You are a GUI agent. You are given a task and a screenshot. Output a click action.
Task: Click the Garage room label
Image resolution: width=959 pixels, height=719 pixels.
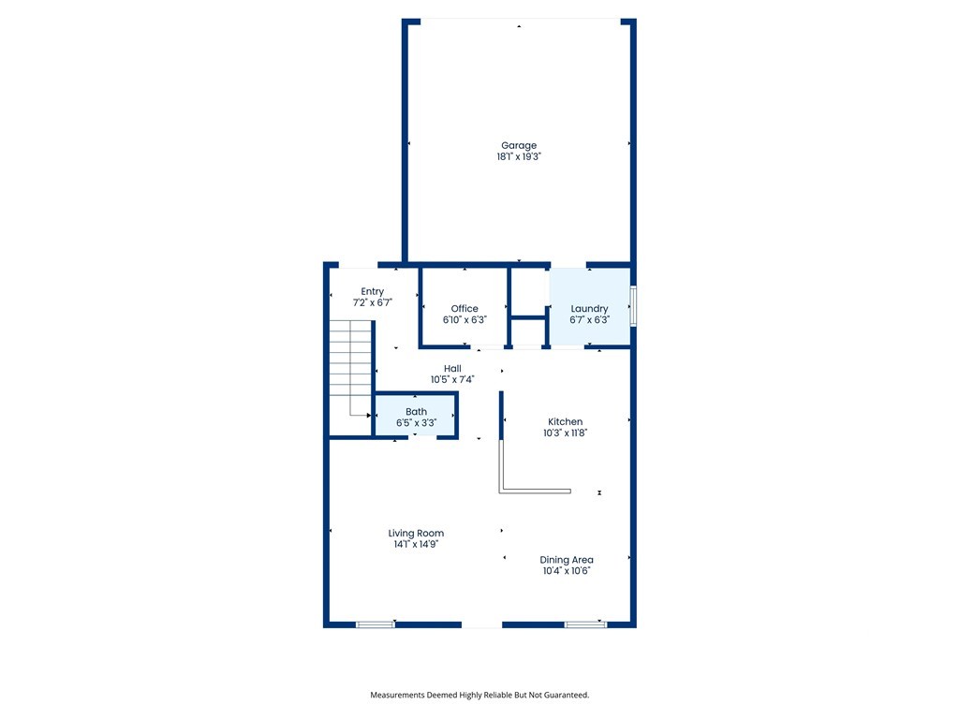pyautogui.click(x=519, y=145)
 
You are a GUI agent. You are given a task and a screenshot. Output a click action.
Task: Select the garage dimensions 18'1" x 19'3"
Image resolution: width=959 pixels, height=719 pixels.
pyautogui.click(x=519, y=156)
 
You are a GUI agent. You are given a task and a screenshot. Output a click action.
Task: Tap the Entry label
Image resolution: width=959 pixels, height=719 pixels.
pyautogui.click(x=373, y=292)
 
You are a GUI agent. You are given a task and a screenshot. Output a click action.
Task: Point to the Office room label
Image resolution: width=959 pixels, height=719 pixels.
pyautogui.click(x=465, y=309)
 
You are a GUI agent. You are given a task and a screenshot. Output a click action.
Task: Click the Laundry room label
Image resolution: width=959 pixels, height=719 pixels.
pyautogui.click(x=590, y=309)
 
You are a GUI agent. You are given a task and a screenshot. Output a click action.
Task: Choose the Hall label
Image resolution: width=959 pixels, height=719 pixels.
pyautogui.click(x=452, y=369)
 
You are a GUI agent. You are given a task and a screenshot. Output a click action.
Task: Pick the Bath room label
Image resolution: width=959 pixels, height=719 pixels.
pyautogui.click(x=417, y=412)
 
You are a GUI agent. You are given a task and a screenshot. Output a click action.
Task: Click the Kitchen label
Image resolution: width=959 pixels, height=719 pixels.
pyautogui.click(x=565, y=422)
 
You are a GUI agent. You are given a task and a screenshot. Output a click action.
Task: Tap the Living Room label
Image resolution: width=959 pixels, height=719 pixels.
pyautogui.click(x=416, y=533)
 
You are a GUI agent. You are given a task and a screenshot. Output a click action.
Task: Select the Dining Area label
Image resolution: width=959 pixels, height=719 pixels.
pyautogui.click(x=567, y=560)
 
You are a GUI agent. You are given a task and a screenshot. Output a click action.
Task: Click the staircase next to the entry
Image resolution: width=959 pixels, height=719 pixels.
pyautogui.click(x=350, y=368)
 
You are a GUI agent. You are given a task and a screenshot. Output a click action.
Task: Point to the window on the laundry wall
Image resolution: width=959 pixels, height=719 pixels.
pyautogui.click(x=634, y=306)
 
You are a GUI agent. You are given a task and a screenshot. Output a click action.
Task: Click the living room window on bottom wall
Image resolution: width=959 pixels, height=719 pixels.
pyautogui.click(x=376, y=624)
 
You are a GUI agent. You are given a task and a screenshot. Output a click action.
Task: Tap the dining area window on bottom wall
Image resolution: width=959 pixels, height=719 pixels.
pyautogui.click(x=585, y=624)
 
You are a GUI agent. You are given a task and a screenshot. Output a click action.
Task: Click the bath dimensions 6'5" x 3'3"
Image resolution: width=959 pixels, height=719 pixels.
pyautogui.click(x=417, y=423)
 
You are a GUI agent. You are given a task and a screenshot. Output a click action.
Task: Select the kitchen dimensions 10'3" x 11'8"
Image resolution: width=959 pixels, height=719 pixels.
pyautogui.click(x=565, y=433)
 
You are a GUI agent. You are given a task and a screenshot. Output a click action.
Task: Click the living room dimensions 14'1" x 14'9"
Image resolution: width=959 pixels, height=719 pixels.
pyautogui.click(x=416, y=544)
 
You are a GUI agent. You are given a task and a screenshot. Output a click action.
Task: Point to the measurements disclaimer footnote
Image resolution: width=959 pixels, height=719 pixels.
pyautogui.click(x=479, y=696)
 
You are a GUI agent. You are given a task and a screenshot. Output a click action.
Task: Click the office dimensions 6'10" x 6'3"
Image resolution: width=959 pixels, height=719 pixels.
pyautogui.click(x=465, y=320)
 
